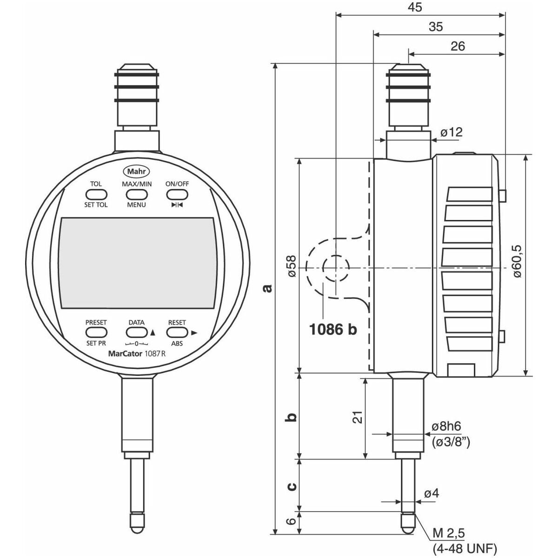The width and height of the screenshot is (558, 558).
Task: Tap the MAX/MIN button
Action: click(x=137, y=194)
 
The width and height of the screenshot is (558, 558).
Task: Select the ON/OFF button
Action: click(x=177, y=194)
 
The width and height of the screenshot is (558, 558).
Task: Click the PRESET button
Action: click(x=96, y=332)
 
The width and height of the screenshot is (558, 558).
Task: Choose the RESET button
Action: click(x=177, y=332)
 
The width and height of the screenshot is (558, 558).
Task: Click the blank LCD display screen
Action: click(x=137, y=262)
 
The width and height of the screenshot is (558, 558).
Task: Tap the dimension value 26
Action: click(x=457, y=46)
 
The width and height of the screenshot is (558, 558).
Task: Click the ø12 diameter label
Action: click(x=451, y=133)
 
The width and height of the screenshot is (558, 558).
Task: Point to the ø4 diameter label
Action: click(x=431, y=493)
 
